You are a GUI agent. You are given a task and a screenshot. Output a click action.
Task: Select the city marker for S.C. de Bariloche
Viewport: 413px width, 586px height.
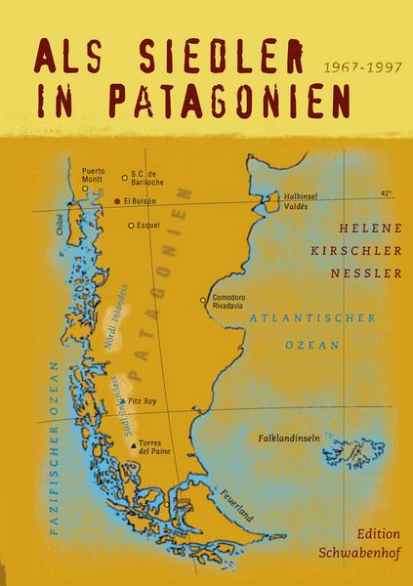tap(124, 178)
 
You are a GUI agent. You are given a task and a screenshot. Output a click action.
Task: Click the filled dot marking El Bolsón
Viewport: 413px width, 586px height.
tap(117, 201)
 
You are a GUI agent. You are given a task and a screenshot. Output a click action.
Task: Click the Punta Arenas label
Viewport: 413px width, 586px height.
tap(182, 505)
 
